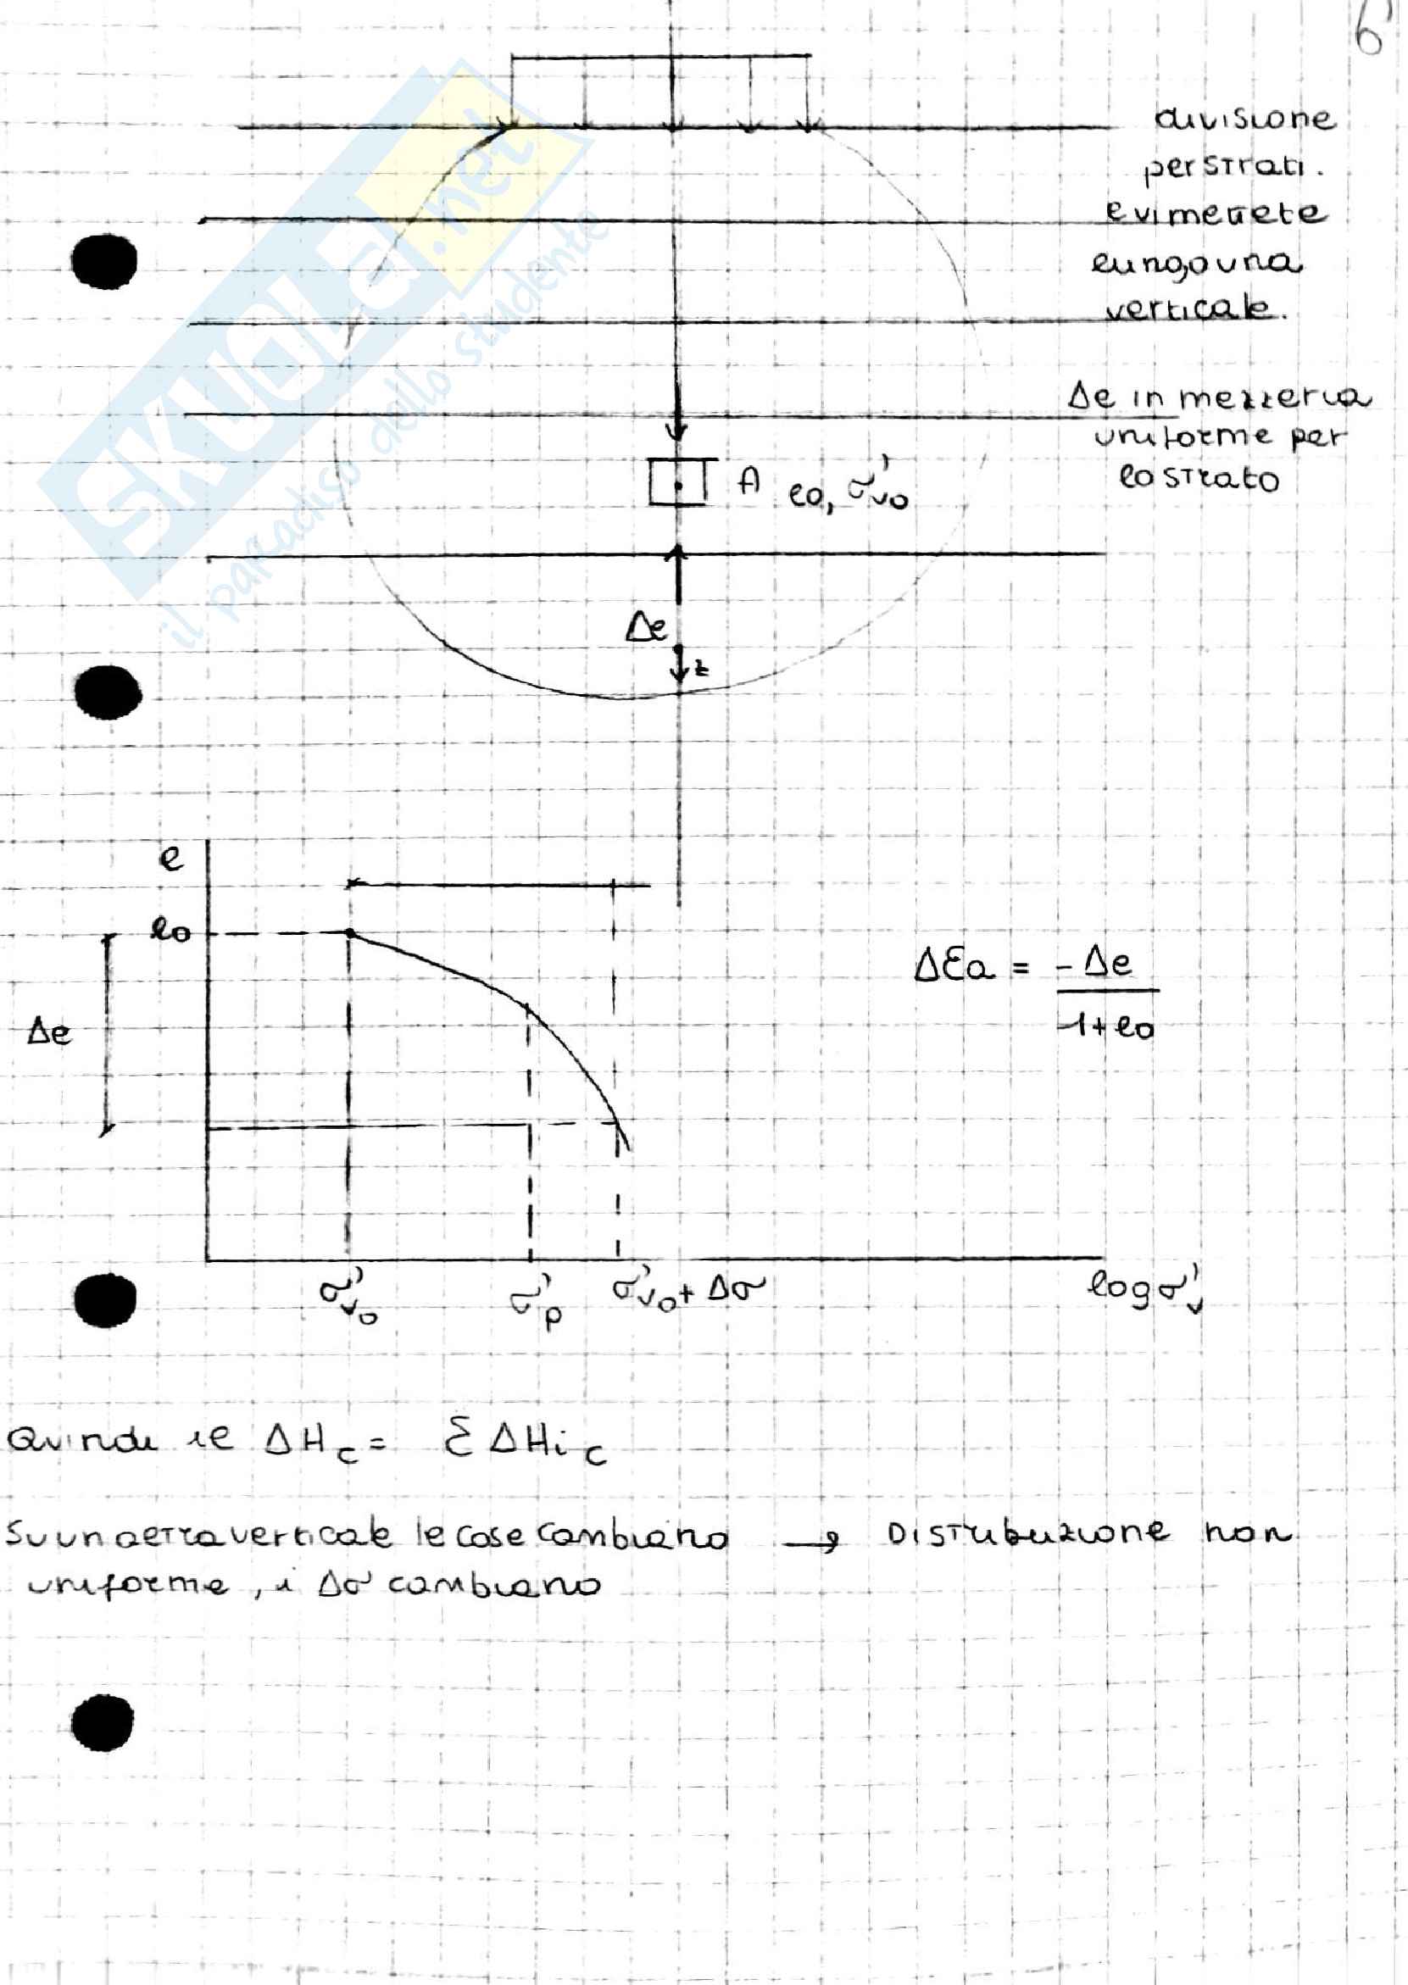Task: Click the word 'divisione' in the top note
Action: [1244, 118]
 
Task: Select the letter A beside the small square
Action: [749, 481]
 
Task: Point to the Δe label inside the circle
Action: [647, 626]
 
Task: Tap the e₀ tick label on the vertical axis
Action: [170, 931]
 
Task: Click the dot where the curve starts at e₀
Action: [349, 932]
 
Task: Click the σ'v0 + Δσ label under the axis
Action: [688, 1291]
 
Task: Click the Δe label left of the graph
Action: [49, 1031]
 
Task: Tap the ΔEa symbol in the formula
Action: [954, 965]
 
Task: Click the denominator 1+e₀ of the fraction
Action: [1108, 1028]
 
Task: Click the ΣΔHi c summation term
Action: [526, 1444]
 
